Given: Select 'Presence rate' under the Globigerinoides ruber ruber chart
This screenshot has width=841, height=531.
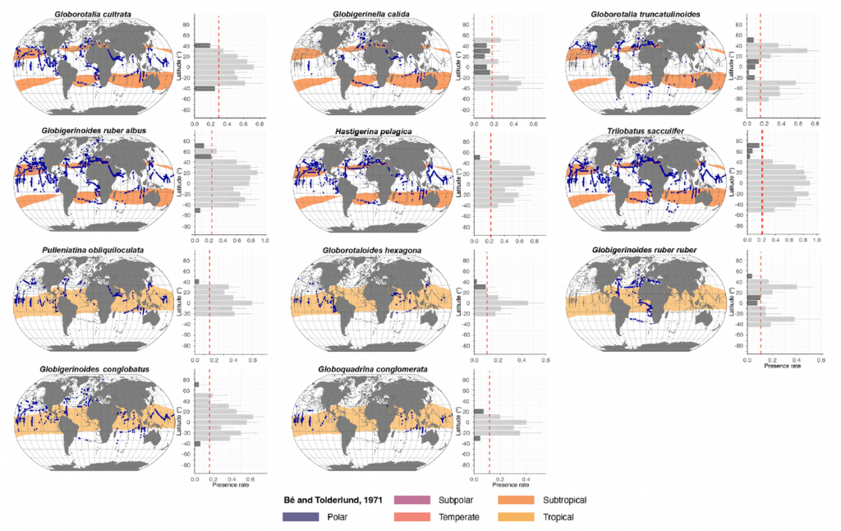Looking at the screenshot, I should (x=783, y=367).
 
